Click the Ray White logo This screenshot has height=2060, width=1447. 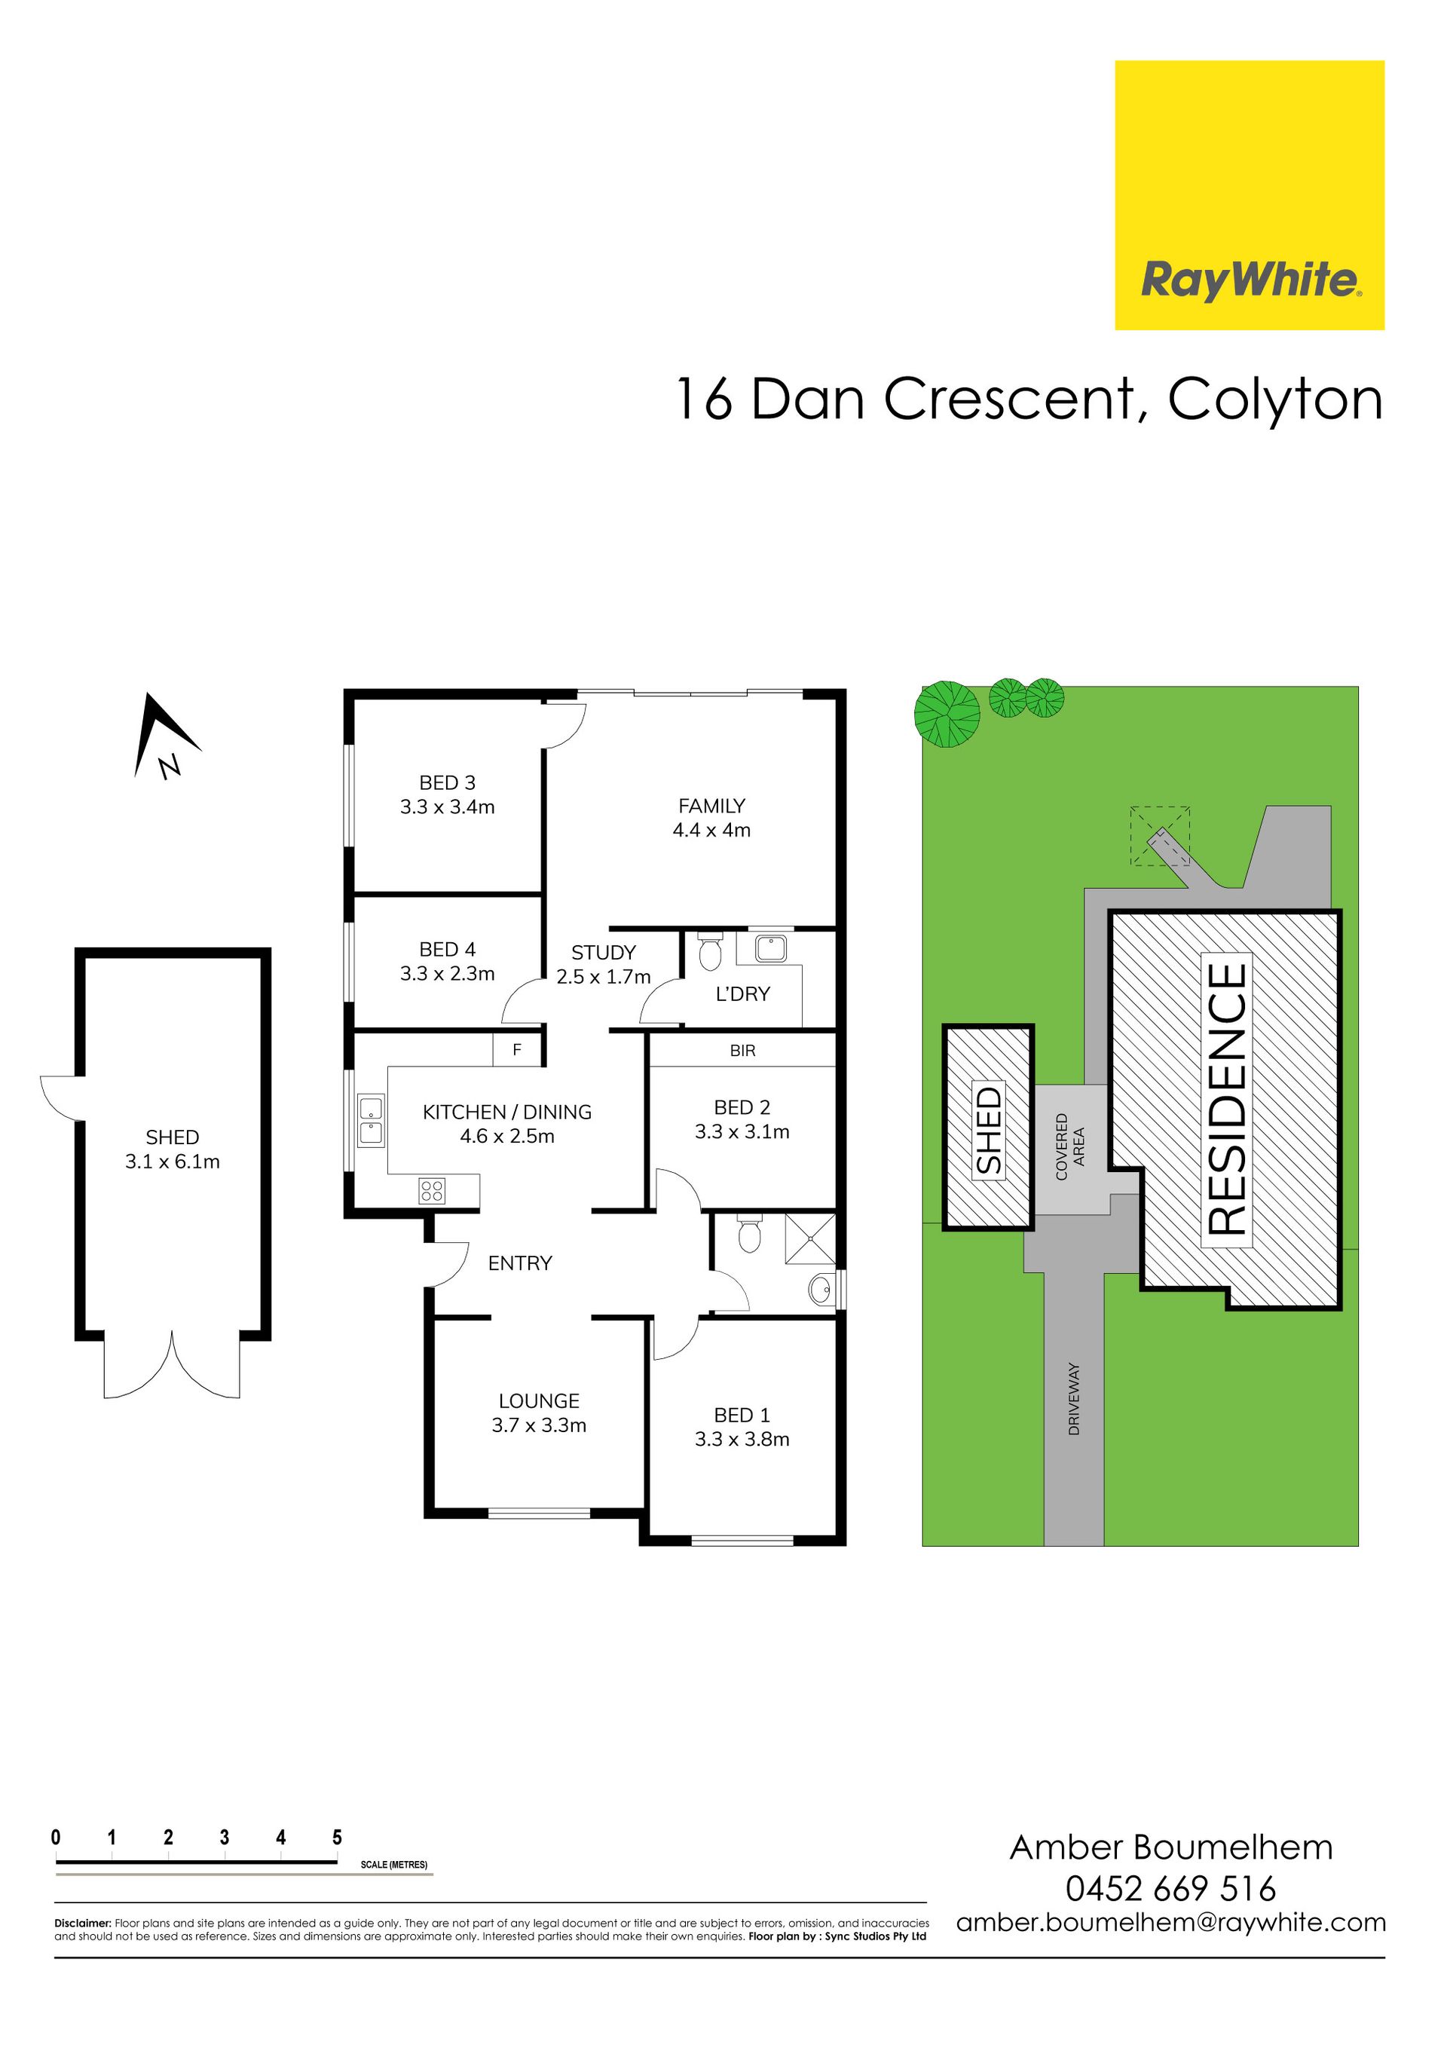(x=1249, y=194)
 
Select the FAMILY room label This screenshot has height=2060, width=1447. (x=711, y=806)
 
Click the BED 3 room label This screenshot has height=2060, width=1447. (x=447, y=782)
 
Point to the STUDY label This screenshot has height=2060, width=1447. (x=603, y=953)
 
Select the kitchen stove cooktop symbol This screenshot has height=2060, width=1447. (x=432, y=1191)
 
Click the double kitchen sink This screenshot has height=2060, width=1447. (x=371, y=1120)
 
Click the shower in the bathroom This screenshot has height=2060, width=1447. (x=810, y=1237)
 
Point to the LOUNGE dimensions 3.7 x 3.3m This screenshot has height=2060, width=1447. (x=538, y=1425)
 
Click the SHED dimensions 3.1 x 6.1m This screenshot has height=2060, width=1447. (x=173, y=1162)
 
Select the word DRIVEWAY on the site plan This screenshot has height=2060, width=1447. (x=1074, y=1399)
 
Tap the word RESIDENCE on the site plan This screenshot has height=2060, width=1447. (x=1225, y=1098)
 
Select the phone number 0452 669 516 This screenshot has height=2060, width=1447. (x=1170, y=1889)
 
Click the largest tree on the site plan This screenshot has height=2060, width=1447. (x=947, y=715)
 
